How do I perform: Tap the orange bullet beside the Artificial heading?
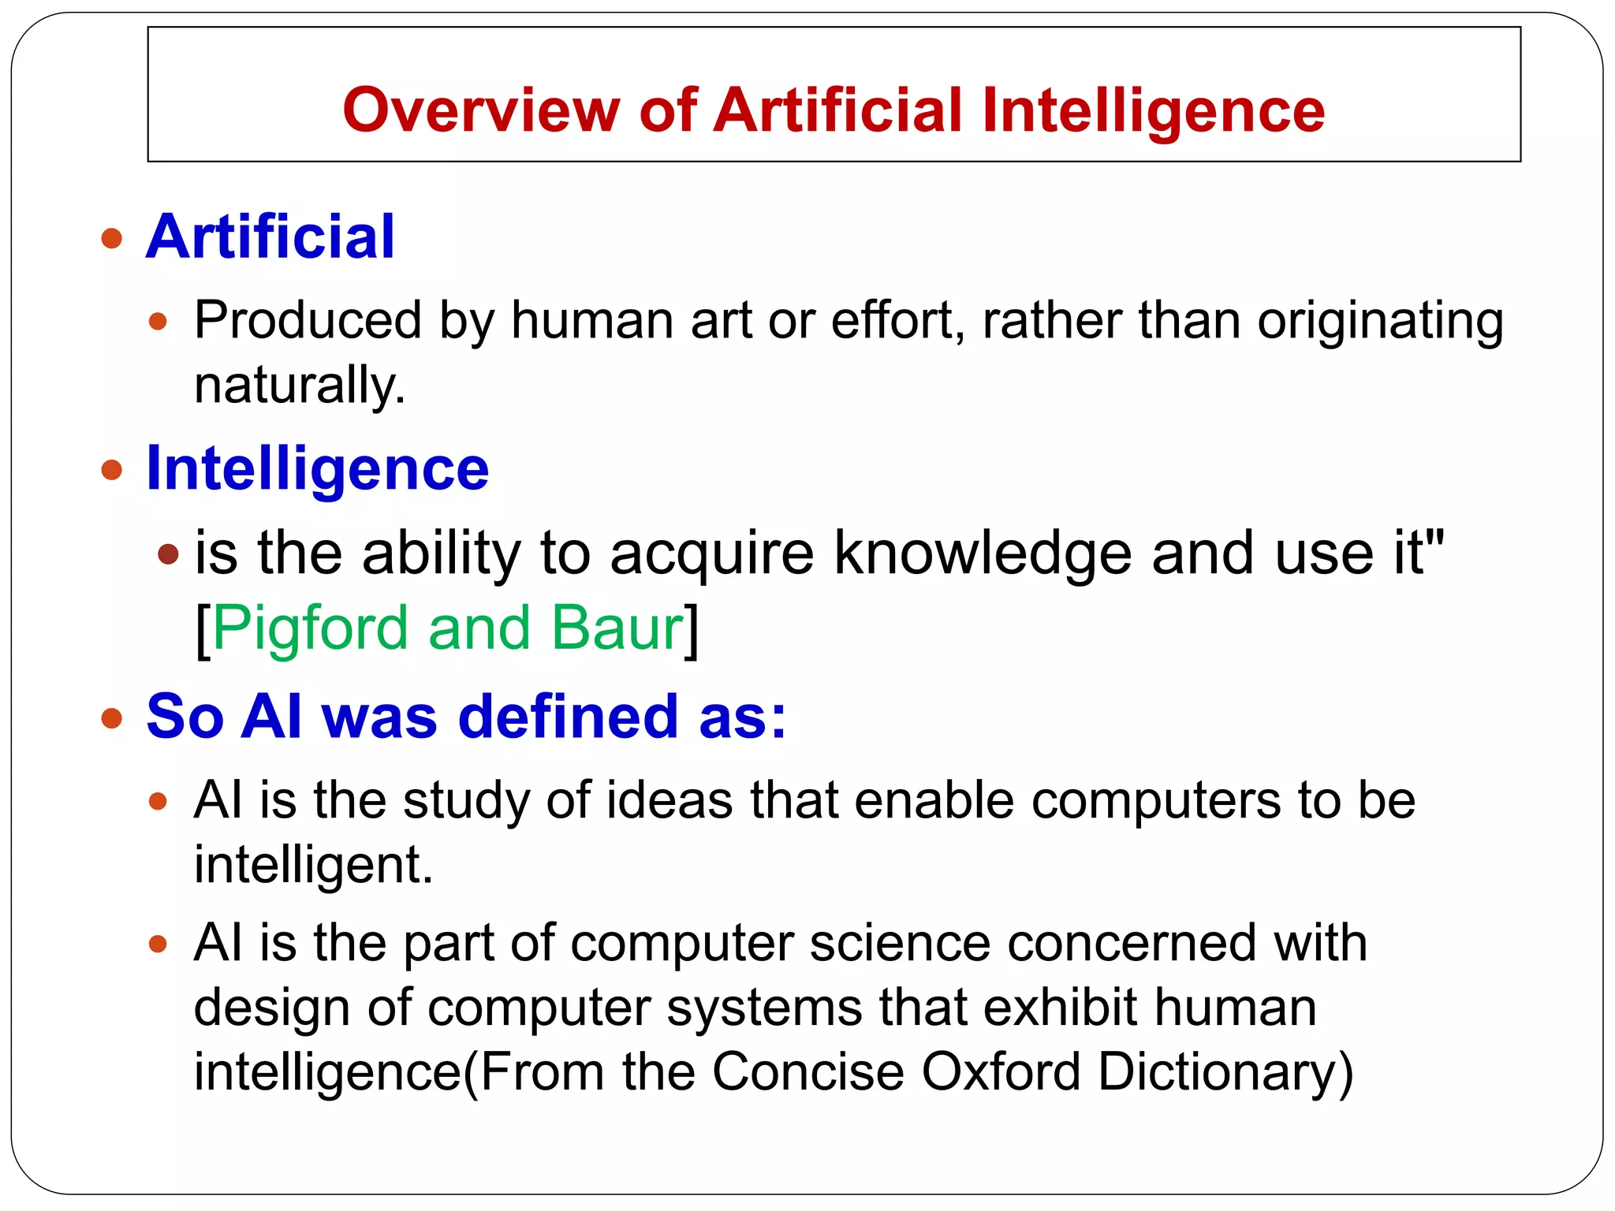click(x=112, y=238)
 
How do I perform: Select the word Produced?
click(x=308, y=321)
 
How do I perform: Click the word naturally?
click(x=299, y=386)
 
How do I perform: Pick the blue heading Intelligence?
click(x=317, y=469)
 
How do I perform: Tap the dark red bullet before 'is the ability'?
click(x=168, y=554)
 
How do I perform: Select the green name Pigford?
click(x=310, y=628)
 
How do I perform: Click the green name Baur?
click(x=617, y=628)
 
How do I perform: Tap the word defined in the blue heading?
click(x=568, y=717)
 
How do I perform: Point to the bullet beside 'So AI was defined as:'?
click(x=112, y=718)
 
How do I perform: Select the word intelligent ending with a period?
click(x=313, y=865)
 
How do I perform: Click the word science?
click(x=899, y=943)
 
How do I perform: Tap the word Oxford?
click(x=1001, y=1072)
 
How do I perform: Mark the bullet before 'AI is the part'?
click(x=159, y=944)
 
